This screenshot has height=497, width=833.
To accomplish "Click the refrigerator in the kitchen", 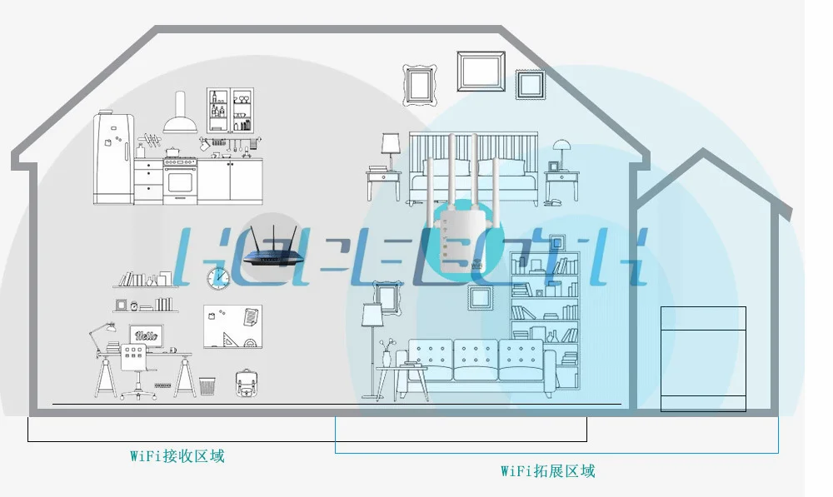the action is click(x=113, y=158).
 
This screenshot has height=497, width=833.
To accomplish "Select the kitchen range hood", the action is click(x=180, y=117).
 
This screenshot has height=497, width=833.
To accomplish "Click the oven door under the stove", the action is click(x=180, y=180).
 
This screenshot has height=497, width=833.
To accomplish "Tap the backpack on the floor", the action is click(x=246, y=383).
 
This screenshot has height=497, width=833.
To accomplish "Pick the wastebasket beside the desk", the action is click(x=207, y=386).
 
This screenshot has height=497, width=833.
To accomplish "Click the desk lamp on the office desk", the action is click(x=99, y=333).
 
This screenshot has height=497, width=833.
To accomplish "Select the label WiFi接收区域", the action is click(x=177, y=456).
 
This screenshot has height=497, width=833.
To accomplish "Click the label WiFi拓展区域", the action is click(x=548, y=471).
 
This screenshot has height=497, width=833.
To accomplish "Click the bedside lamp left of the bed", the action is click(x=390, y=150).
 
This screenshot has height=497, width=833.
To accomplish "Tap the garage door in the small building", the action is click(x=703, y=358).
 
